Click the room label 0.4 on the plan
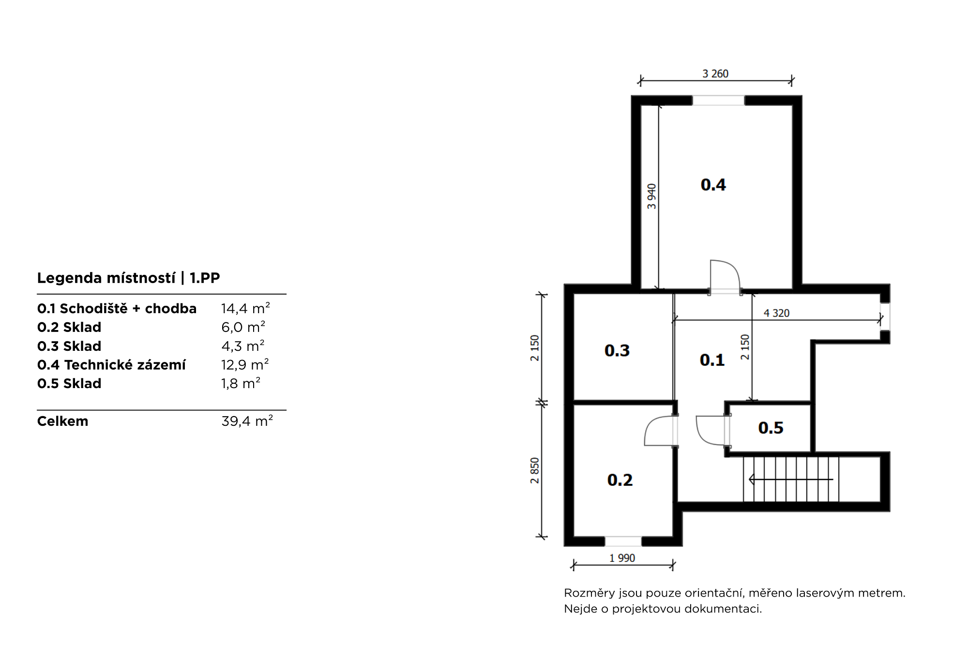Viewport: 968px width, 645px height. (x=713, y=185)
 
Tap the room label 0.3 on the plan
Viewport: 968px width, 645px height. (x=617, y=350)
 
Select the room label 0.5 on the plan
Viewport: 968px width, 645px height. (x=771, y=428)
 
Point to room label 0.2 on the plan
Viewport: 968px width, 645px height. (x=620, y=480)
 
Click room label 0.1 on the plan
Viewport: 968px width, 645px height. (x=712, y=360)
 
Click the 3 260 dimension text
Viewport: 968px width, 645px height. (x=715, y=74)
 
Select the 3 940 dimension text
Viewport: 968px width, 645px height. (x=652, y=196)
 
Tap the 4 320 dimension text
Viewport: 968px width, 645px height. (x=776, y=313)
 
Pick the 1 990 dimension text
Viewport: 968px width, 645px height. (x=622, y=558)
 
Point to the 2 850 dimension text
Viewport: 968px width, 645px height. (x=534, y=471)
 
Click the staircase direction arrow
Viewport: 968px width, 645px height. (x=791, y=480)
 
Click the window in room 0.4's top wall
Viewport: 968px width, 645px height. (x=718, y=101)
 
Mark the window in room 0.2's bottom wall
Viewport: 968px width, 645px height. (x=623, y=541)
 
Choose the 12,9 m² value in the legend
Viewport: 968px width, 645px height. (x=245, y=364)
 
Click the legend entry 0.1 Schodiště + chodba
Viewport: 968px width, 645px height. (x=117, y=308)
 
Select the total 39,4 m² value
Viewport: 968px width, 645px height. (x=247, y=421)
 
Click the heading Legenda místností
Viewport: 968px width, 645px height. (x=106, y=278)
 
